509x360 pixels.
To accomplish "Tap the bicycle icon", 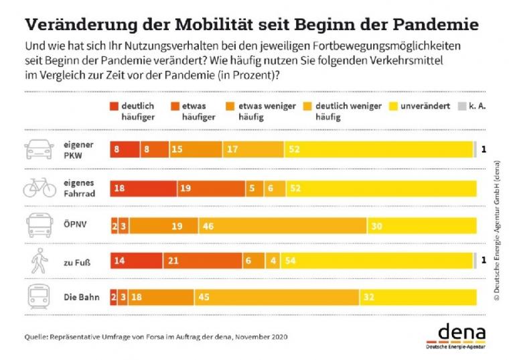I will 40,187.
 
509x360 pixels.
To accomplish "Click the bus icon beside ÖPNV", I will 40,225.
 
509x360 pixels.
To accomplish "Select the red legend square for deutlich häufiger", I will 113,106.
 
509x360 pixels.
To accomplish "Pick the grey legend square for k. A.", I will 461,106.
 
